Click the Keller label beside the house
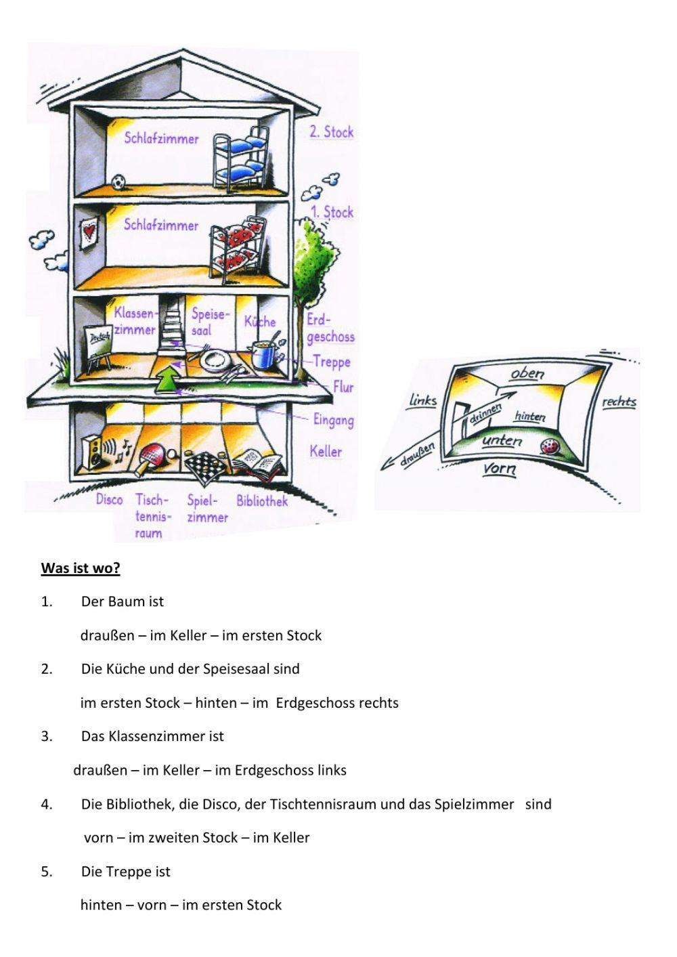(x=326, y=451)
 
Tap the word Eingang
(x=333, y=420)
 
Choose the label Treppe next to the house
(x=331, y=362)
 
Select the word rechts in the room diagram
(x=619, y=402)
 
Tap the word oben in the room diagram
(x=527, y=373)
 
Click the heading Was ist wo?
(x=81, y=568)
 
